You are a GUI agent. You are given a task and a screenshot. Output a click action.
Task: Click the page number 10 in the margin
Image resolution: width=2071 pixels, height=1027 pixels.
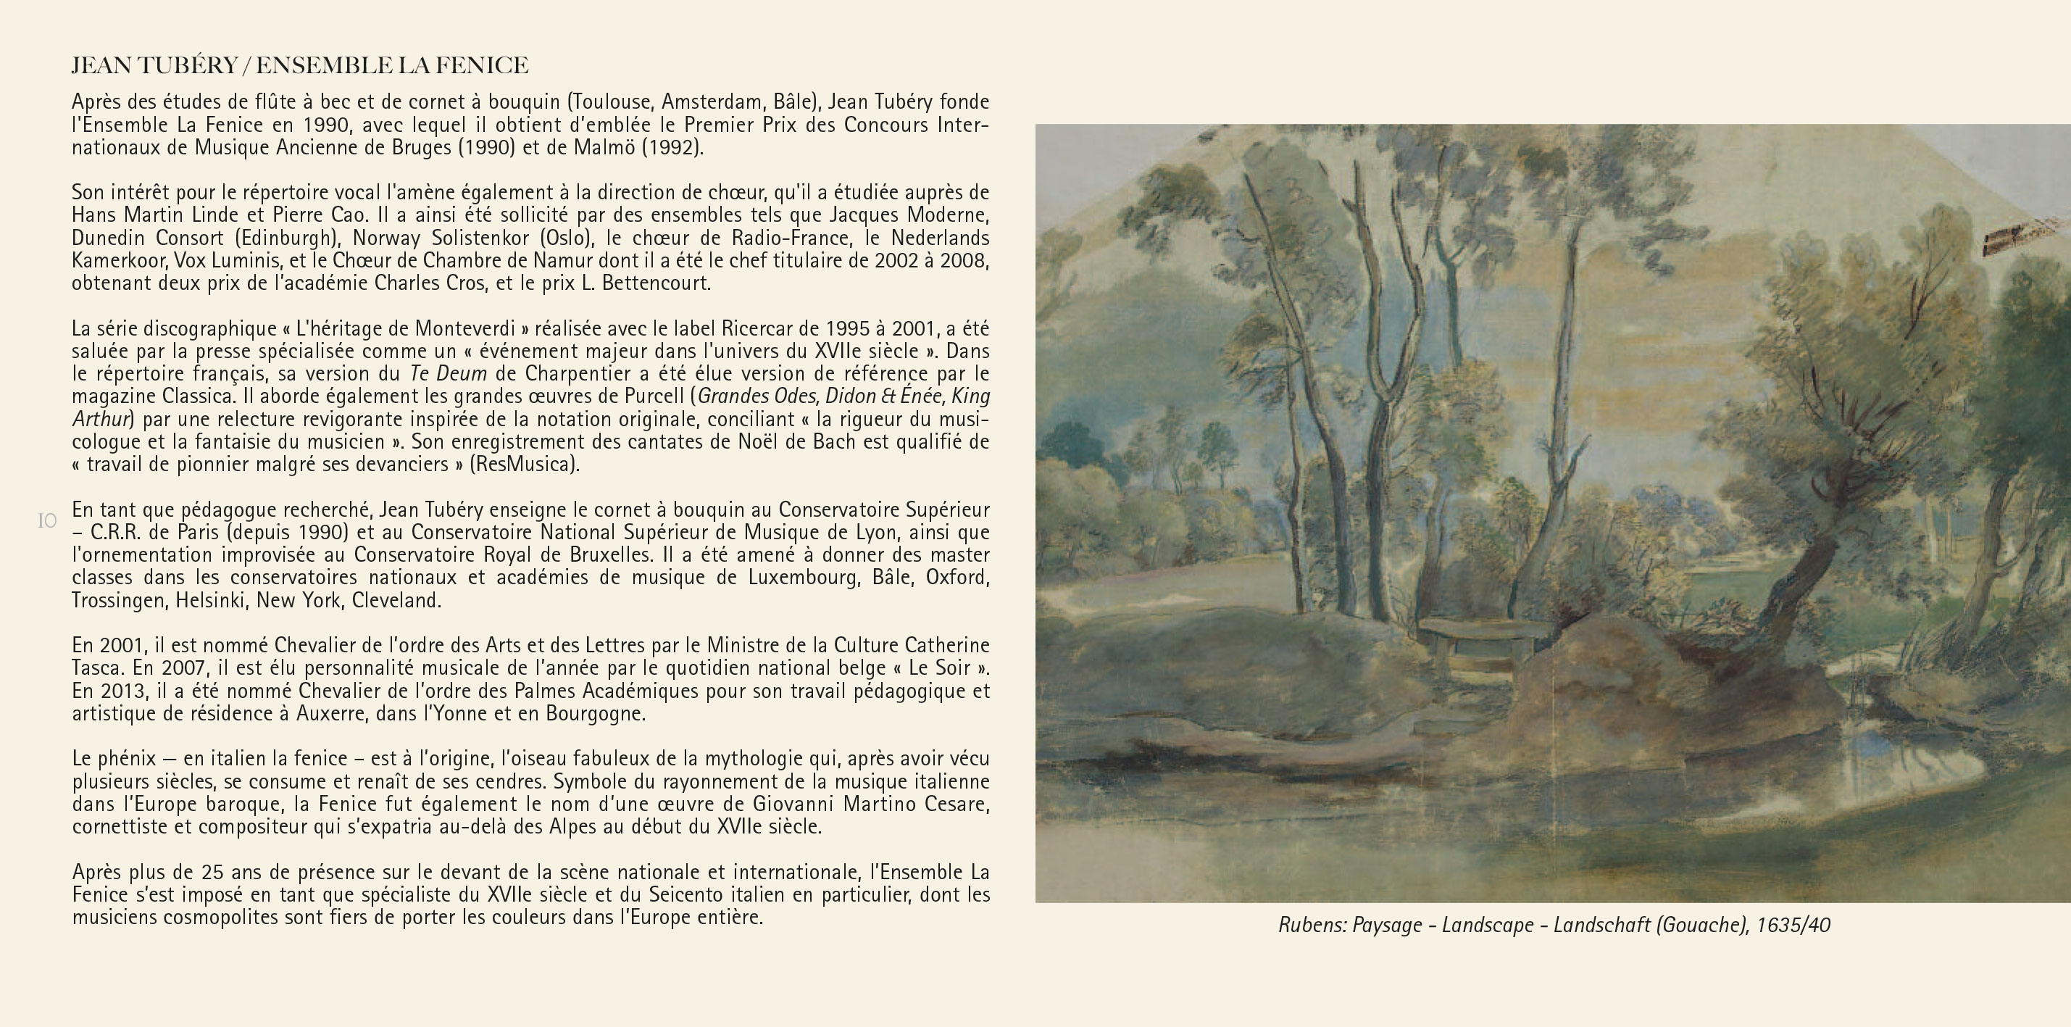[x=47, y=521]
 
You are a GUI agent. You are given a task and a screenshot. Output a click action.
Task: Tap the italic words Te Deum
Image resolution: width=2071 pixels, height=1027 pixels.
[x=448, y=374]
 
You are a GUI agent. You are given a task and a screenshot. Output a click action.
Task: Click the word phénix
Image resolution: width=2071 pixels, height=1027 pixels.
[x=126, y=759]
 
